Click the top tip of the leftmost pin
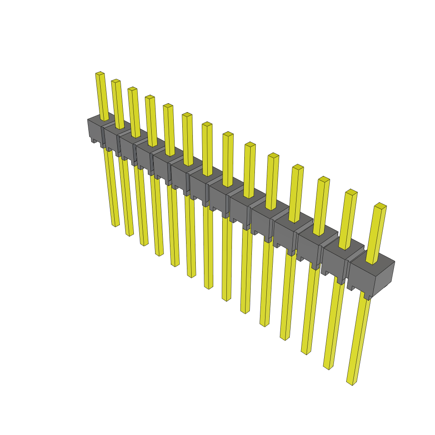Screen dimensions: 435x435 [100, 73]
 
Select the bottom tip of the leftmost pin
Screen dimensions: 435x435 [116, 225]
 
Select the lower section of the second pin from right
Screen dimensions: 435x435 [333, 323]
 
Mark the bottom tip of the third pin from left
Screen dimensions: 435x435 [144, 244]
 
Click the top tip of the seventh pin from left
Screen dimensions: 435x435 [207, 124]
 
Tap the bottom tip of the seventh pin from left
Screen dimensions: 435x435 [208, 287]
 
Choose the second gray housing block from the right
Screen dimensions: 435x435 [336, 259]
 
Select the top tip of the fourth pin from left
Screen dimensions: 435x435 [150, 97]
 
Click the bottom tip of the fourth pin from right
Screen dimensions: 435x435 [285, 338]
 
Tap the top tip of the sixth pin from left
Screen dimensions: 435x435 [187, 115]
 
